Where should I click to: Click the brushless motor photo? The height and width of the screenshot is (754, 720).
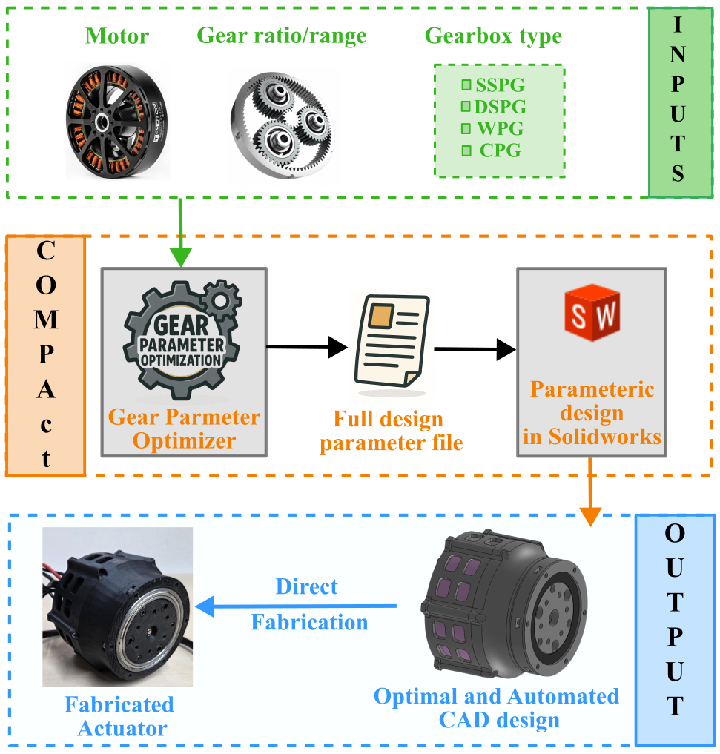click(x=117, y=122)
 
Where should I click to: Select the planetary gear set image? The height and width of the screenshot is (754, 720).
click(x=283, y=126)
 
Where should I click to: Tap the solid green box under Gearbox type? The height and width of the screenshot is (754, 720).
click(x=499, y=121)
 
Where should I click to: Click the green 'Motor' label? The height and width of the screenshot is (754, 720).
click(x=117, y=36)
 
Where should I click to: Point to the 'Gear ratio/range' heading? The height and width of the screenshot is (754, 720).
click(x=282, y=36)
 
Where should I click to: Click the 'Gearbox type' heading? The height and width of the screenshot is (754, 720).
click(x=493, y=36)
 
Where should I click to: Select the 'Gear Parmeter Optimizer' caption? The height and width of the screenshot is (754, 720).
click(x=184, y=429)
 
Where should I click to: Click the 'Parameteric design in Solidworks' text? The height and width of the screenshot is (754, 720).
click(x=592, y=413)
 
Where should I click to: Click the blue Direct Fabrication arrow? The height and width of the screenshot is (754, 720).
click(x=297, y=606)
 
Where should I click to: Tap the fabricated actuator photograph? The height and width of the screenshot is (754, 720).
click(x=117, y=607)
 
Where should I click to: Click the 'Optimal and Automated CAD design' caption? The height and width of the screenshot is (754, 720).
click(x=496, y=708)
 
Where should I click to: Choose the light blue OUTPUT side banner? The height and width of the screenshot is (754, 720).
click(x=674, y=630)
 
